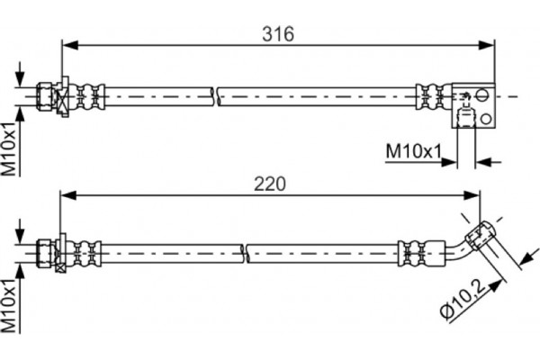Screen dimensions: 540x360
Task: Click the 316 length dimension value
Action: [x=278, y=34]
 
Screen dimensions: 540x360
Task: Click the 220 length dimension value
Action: [x=270, y=184]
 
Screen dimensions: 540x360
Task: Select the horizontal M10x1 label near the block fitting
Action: [x=413, y=151]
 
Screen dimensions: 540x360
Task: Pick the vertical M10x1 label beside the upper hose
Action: [x=9, y=148]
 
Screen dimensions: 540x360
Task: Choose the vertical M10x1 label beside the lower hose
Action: [x=9, y=306]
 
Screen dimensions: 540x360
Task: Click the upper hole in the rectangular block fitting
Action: [x=481, y=94]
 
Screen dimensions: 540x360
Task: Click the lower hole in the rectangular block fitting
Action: [x=486, y=119]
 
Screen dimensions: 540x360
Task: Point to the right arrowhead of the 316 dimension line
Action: [x=486, y=45]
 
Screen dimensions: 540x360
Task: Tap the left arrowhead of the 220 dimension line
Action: [x=68, y=195]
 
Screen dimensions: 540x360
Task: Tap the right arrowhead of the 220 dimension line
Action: [x=471, y=195]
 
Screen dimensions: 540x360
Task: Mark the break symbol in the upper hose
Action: [x=216, y=96]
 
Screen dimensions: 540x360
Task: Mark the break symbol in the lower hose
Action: [x=245, y=253]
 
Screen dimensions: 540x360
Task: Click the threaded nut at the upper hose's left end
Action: [x=45, y=96]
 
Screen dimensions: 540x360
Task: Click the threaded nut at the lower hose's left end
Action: [x=46, y=253]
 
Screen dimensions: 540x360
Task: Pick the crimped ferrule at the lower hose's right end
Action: [x=422, y=253]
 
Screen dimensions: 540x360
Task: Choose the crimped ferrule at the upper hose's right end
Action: [x=434, y=96]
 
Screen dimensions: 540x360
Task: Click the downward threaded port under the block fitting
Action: [x=465, y=118]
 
